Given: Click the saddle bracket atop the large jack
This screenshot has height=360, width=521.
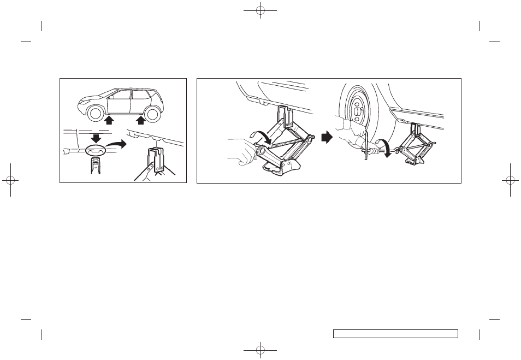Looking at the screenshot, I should coord(284,116).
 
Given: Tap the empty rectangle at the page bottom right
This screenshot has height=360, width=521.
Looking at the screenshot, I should coord(395,334).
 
